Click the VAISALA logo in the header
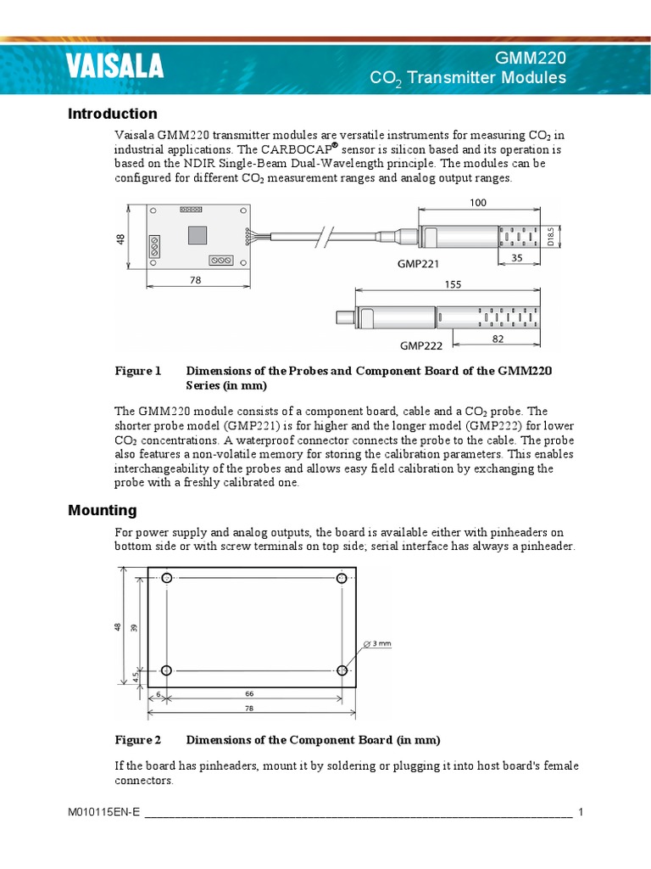(115, 66)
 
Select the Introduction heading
(112, 114)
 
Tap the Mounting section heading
(102, 510)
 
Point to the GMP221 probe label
(419, 264)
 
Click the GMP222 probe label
(421, 345)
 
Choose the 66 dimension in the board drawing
(249, 693)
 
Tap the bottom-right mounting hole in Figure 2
(342, 670)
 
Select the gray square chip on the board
(197, 234)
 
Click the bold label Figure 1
(137, 371)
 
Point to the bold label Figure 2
(137, 739)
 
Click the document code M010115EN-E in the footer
(103, 812)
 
